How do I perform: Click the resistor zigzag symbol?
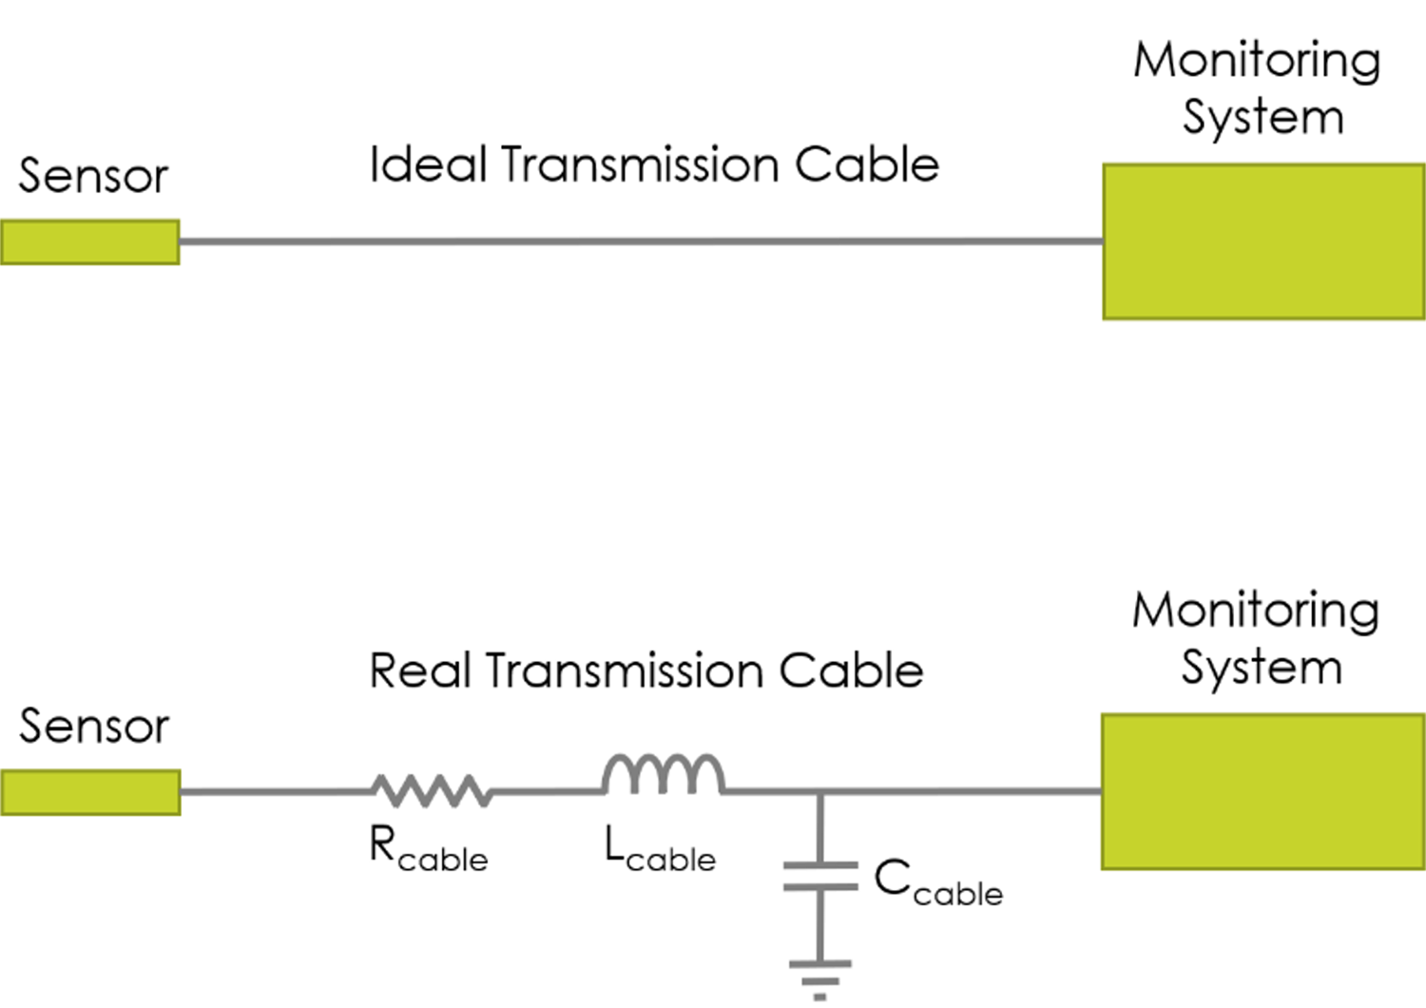point(432,790)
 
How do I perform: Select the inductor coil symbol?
point(664,774)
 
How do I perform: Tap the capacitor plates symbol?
point(820,876)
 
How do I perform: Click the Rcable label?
point(428,848)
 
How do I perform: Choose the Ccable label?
point(937,882)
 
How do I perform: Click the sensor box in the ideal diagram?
point(89,242)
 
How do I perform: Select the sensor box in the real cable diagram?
point(90,792)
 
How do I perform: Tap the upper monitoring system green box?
point(1263,242)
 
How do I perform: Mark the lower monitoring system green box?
point(1263,791)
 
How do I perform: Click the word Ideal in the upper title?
point(428,165)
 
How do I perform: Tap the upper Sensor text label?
point(93,177)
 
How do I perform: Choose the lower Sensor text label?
point(94,727)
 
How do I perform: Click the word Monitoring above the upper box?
point(1257,62)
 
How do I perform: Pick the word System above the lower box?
point(1262,669)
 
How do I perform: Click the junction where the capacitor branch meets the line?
point(820,791)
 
